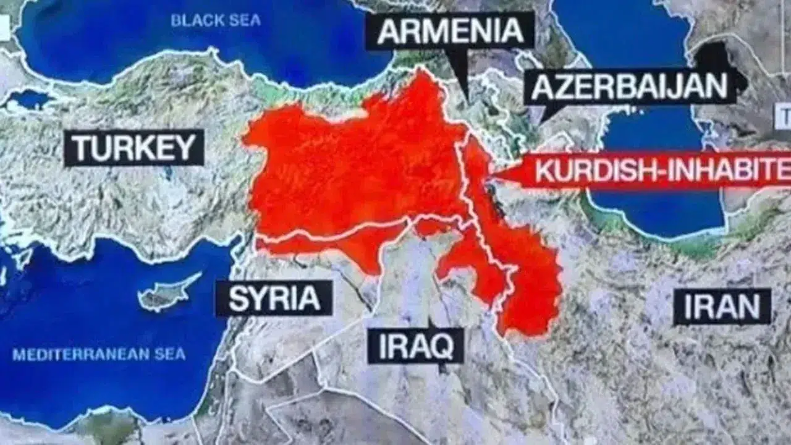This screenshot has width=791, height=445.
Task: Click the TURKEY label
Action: (133, 148)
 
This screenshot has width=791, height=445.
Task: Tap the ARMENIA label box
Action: (450, 31)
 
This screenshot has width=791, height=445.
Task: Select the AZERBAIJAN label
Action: (630, 87)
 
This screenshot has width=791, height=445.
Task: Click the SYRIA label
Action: (274, 299)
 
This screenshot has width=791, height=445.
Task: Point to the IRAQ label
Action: (415, 346)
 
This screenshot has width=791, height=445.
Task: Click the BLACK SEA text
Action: (216, 20)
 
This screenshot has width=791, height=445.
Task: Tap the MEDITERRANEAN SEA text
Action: (99, 355)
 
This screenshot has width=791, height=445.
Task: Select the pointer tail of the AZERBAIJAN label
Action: (544, 117)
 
